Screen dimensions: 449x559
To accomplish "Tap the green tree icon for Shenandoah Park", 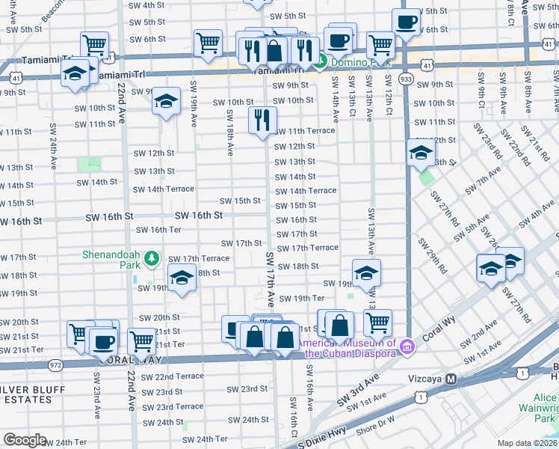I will click(x=152, y=258).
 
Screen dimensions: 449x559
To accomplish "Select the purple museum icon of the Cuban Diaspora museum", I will click(x=407, y=346).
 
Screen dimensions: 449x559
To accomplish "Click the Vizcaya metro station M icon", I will click(x=451, y=379).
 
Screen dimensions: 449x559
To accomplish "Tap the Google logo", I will click(x=25, y=440).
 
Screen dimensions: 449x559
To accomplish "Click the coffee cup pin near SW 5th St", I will click(x=407, y=22).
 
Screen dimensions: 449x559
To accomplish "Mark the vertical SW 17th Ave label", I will click(x=270, y=278).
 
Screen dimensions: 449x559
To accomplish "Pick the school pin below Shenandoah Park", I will click(x=180, y=278).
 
